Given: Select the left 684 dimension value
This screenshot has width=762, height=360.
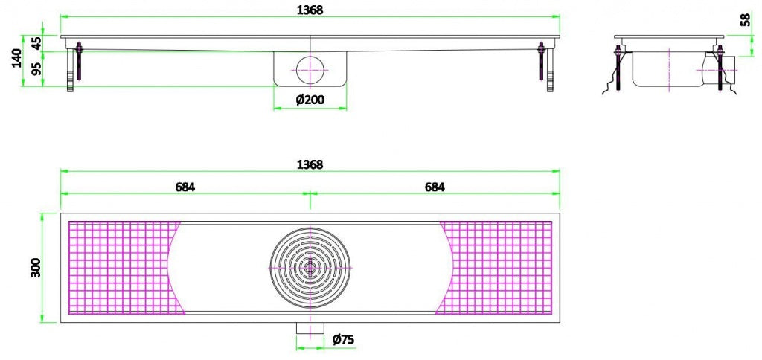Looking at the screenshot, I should click(x=185, y=187).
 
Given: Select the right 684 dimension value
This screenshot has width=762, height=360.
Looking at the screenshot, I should click(x=435, y=187).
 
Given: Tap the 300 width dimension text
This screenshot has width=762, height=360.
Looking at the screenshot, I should click(x=35, y=268).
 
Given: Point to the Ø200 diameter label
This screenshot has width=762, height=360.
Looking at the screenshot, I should click(x=310, y=100).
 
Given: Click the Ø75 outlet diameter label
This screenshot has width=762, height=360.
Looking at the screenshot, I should click(x=342, y=339).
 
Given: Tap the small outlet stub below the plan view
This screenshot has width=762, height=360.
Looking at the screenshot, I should click(x=310, y=328).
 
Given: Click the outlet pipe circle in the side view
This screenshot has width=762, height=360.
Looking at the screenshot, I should click(x=310, y=69).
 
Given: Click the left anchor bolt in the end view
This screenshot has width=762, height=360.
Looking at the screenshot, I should click(x=618, y=68).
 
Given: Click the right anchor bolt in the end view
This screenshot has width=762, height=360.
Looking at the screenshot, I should click(x=720, y=68).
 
